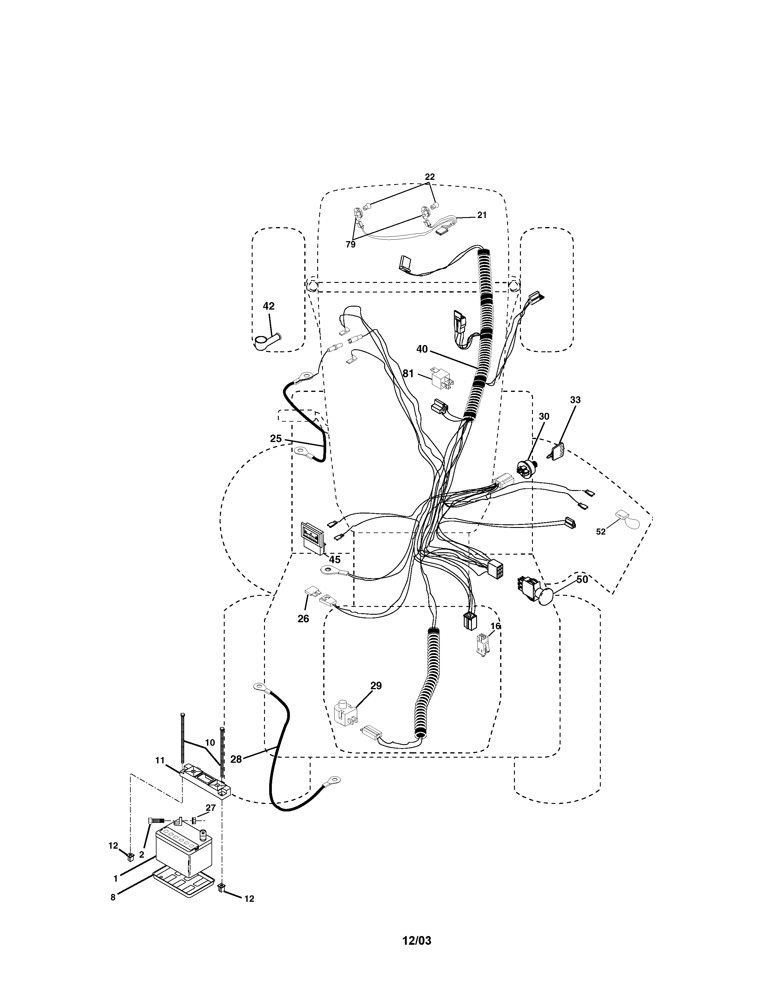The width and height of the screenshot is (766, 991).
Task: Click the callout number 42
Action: click(269, 306)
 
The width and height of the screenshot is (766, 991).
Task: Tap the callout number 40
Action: click(421, 349)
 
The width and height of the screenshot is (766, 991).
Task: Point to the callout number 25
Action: click(275, 439)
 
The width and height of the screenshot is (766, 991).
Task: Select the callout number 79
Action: click(350, 244)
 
